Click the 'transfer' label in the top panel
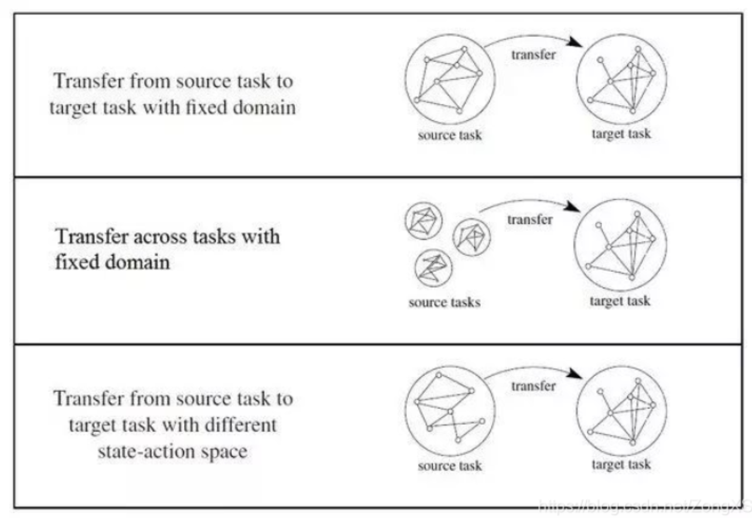(x=532, y=55)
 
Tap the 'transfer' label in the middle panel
(x=529, y=220)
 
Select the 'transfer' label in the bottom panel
(x=533, y=386)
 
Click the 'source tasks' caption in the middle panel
(x=445, y=303)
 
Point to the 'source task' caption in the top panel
(x=450, y=135)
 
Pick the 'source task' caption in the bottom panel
(x=450, y=466)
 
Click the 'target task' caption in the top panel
(x=621, y=134)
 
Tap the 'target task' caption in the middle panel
(x=620, y=301)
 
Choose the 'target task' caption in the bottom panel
(x=621, y=465)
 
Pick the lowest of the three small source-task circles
(x=433, y=268)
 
